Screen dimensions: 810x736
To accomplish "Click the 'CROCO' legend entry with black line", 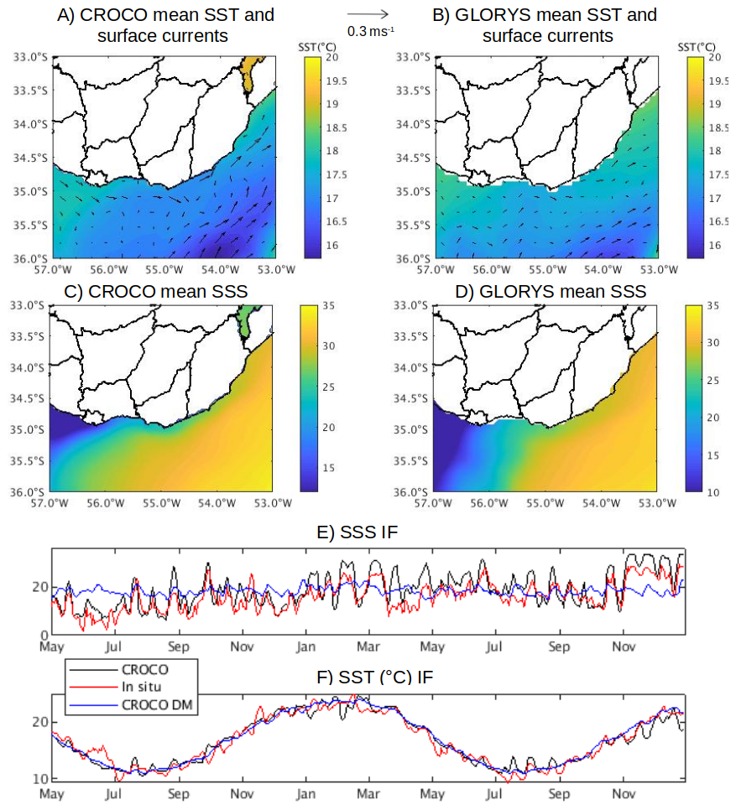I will tap(144, 670).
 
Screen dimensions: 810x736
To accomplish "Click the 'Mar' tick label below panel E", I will tap(368, 647).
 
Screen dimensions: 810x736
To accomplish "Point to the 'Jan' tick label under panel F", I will tap(305, 793).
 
